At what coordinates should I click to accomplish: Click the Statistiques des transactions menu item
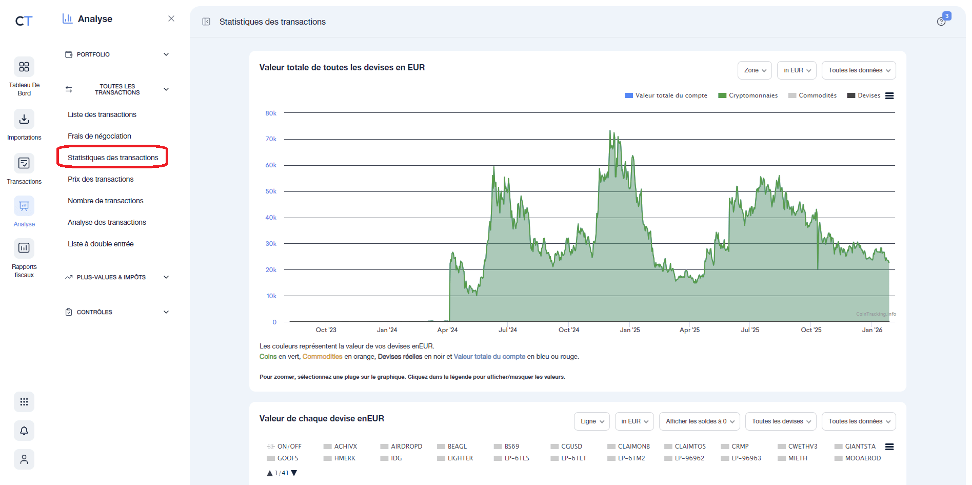pos(113,158)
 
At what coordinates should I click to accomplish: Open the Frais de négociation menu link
pos(100,136)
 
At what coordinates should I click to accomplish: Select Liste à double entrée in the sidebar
pos(101,244)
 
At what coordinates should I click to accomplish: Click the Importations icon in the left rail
pos(24,120)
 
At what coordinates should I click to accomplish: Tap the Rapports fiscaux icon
pos(24,248)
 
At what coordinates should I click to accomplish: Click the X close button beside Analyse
pos(171,19)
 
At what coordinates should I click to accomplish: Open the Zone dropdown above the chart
pos(755,70)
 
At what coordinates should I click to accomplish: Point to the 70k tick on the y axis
pos(271,139)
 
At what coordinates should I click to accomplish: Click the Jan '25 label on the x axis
pos(630,330)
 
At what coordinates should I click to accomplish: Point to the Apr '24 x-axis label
pos(447,330)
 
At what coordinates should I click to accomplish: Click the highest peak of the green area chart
pos(610,131)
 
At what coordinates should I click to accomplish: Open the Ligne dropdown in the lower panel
pos(591,421)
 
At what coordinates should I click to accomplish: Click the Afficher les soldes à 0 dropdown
pos(699,421)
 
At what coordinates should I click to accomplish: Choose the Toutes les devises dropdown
pos(780,421)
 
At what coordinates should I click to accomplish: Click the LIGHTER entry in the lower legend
pos(460,458)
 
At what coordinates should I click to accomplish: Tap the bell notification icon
pos(24,431)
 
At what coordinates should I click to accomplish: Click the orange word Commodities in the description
pos(322,357)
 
